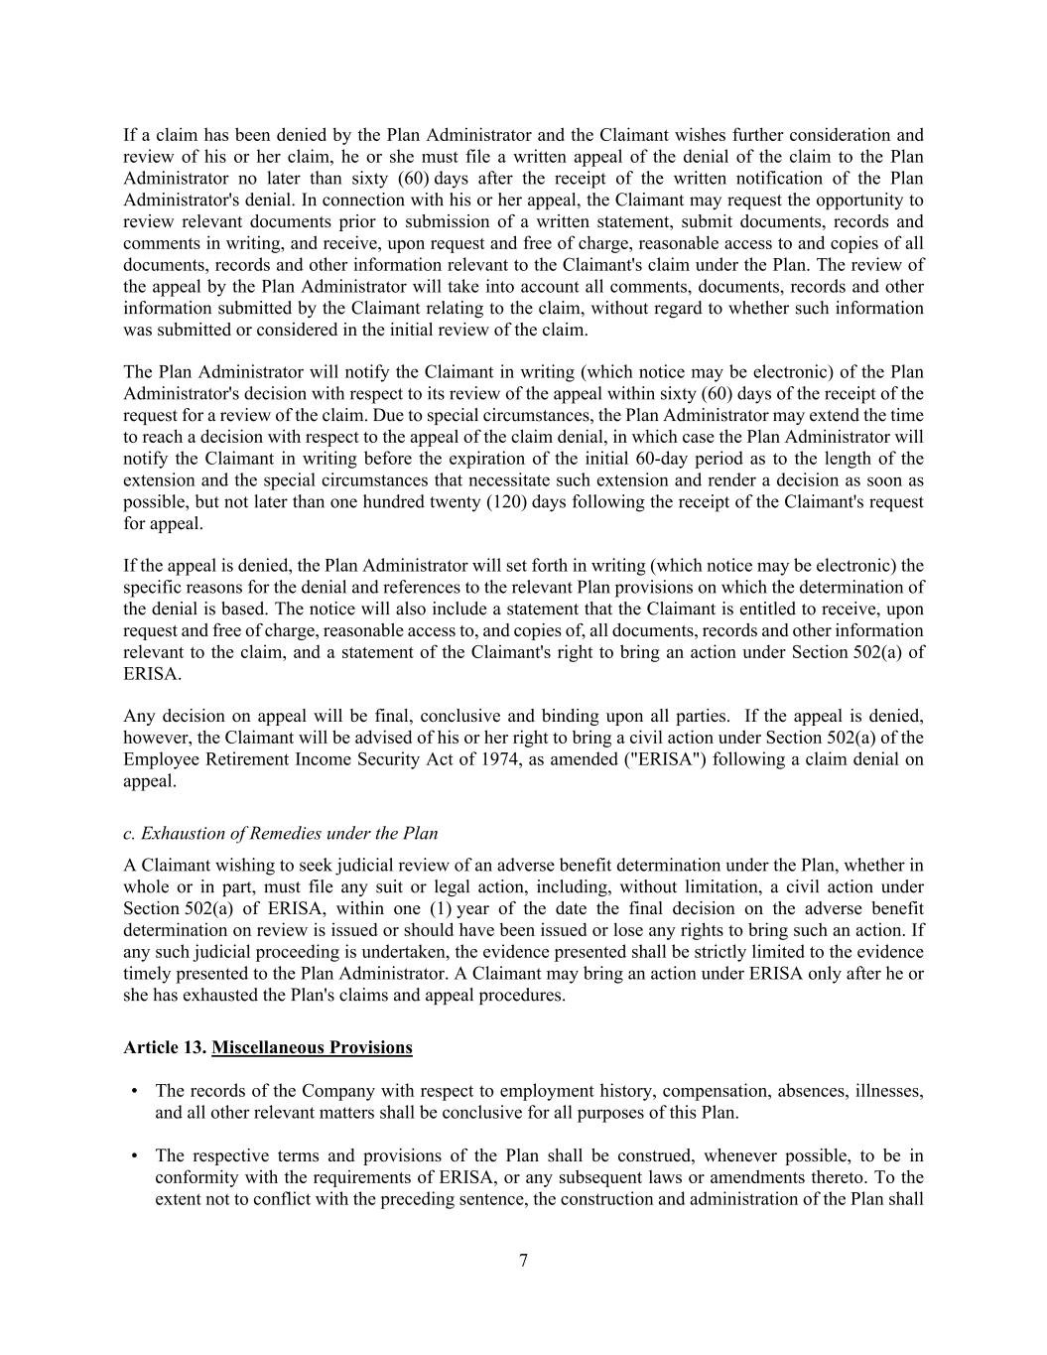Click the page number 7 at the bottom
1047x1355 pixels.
[523, 1261]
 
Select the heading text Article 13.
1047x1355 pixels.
[165, 1047]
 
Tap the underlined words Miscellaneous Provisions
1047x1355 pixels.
[312, 1047]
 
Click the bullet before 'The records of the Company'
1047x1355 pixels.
[134, 1091]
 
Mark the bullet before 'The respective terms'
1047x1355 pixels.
[134, 1155]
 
